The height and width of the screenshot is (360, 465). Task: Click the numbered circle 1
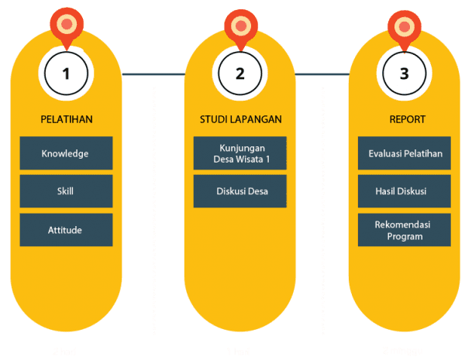(66, 74)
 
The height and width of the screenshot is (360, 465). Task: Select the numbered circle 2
(240, 74)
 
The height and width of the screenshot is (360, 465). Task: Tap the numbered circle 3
(404, 74)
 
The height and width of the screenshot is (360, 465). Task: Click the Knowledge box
(66, 153)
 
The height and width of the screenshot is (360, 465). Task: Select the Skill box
(66, 191)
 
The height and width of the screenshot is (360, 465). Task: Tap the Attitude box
(66, 230)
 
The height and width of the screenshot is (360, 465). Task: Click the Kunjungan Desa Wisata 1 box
(240, 153)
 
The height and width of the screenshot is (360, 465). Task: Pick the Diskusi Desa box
(240, 191)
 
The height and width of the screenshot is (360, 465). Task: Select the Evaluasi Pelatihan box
(405, 153)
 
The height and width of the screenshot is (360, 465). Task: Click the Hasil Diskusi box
(405, 191)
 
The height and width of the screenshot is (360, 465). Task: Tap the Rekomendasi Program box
(405, 230)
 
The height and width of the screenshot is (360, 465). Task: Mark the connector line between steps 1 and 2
(153, 74)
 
